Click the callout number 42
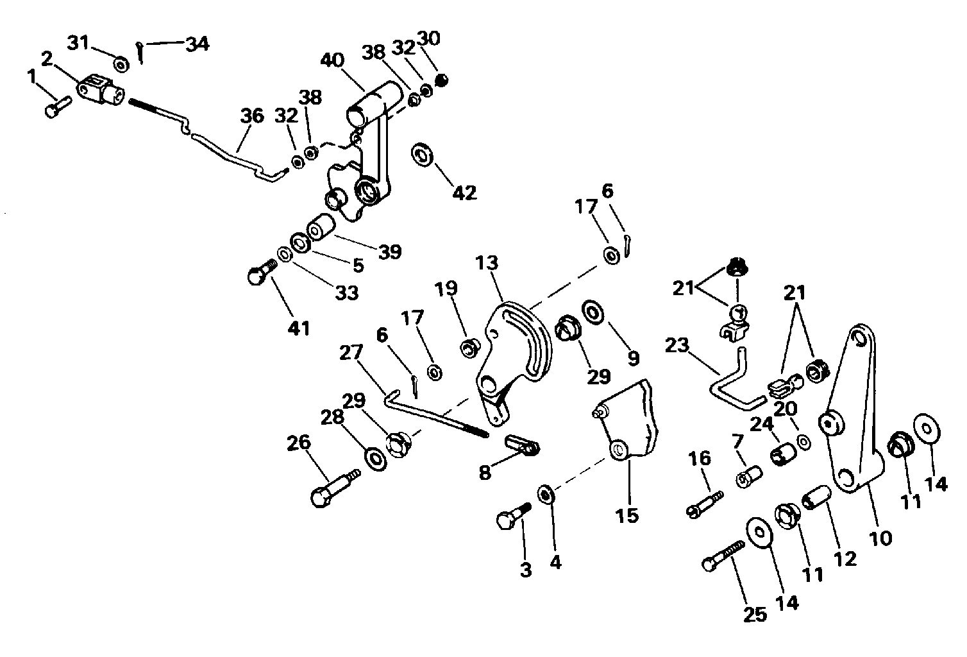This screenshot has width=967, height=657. click(x=464, y=192)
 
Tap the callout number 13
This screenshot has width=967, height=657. click(x=487, y=263)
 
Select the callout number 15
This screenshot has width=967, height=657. click(x=627, y=515)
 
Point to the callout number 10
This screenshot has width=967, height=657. click(x=880, y=538)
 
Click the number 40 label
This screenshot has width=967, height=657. click(x=332, y=60)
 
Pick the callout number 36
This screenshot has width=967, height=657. click(x=252, y=115)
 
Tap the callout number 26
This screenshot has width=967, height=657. click(x=299, y=443)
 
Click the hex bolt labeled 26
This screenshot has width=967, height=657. click(x=335, y=489)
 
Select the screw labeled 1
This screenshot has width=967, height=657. click(x=58, y=107)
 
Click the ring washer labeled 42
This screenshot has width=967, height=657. click(x=422, y=155)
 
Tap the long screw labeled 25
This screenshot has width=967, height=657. click(x=723, y=556)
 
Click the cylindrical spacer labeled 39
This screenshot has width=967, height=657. click(x=321, y=226)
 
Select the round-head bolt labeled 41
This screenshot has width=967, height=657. click(x=262, y=272)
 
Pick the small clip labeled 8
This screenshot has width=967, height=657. click(x=523, y=445)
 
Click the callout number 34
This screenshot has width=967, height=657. click(x=198, y=44)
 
